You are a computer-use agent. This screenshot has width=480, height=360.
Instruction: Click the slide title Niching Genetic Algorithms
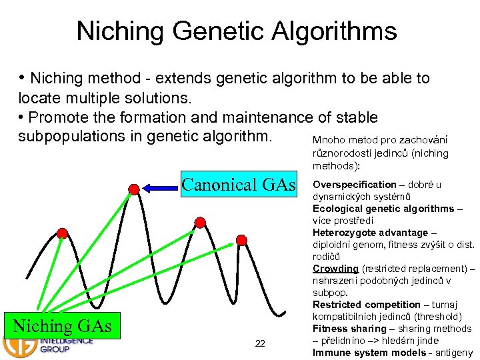pyautogui.click(x=237, y=31)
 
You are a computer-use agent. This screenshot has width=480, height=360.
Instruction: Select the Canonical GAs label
pyautogui.click(x=239, y=185)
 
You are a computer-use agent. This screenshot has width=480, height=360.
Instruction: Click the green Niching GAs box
pyautogui.click(x=61, y=326)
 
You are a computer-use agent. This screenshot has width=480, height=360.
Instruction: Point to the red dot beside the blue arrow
pyautogui.click(x=134, y=189)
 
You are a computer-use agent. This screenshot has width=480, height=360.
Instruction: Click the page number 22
pyautogui.click(x=260, y=343)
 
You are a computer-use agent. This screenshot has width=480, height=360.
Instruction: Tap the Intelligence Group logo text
pyautogui.click(x=67, y=345)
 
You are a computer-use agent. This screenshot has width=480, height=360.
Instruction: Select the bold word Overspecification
pyautogui.click(x=354, y=185)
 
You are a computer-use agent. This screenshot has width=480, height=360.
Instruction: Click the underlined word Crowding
pyautogui.click(x=335, y=269)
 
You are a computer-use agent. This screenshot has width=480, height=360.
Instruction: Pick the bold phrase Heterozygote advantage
pyautogui.click(x=370, y=233)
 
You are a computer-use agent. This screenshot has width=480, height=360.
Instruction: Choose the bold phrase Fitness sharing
pyautogui.click(x=349, y=329)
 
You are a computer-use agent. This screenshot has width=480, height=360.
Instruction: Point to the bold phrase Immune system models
pyautogui.click(x=369, y=353)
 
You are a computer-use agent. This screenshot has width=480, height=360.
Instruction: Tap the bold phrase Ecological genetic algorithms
pyautogui.click(x=383, y=209)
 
